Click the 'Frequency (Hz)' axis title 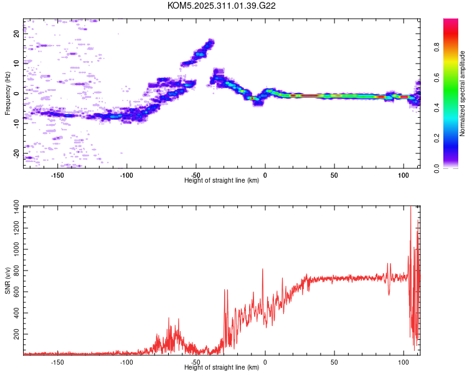click(7, 93)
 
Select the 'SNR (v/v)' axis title click(7, 280)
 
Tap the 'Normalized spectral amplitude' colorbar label click(463, 93)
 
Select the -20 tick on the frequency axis click(17, 153)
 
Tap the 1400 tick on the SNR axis click(12, 207)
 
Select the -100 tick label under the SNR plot click(126, 362)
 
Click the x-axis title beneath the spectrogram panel click(222, 181)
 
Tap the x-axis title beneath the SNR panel click(222, 368)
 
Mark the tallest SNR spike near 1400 click(410, 209)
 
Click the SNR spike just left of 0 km click(263, 270)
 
